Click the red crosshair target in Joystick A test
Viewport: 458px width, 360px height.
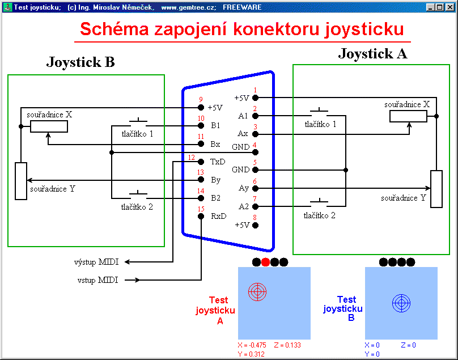pos(257,291)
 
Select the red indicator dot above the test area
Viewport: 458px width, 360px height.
pos(265,262)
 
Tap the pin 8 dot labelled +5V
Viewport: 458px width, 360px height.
pos(255,225)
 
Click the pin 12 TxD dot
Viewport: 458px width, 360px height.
pos(201,162)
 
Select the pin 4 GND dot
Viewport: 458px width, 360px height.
pos(255,152)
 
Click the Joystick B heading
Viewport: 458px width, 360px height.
pos(80,62)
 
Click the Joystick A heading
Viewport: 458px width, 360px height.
pos(372,54)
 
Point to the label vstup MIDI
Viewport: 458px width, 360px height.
pos(98,280)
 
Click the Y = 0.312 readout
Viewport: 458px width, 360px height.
pos(252,354)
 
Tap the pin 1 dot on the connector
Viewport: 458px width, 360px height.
pos(255,98)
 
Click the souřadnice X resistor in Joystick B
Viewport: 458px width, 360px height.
pos(49,126)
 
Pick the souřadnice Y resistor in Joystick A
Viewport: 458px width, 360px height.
pos(436,189)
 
